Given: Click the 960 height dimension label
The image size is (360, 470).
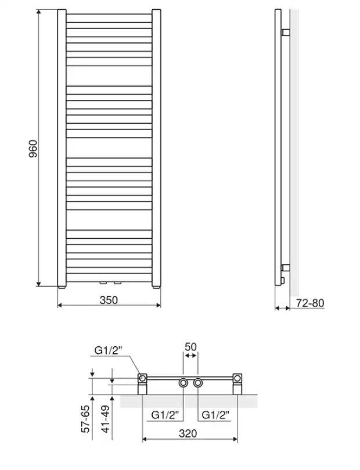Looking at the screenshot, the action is [x=33, y=149].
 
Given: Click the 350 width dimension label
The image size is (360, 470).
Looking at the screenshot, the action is [x=109, y=300].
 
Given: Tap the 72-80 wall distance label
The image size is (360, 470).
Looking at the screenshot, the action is [x=310, y=303].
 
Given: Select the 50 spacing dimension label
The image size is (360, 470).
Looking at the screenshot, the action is [x=190, y=347].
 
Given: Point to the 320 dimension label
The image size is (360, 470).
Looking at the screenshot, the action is [x=188, y=433].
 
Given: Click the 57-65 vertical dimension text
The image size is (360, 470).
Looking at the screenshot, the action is [x=86, y=419].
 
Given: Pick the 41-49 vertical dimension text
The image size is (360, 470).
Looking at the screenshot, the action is [x=106, y=419].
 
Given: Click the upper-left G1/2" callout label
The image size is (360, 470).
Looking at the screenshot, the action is [x=109, y=350].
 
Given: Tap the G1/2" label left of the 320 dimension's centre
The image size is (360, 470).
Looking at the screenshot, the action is [x=165, y=415].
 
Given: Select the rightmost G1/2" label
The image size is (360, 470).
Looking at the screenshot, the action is [x=215, y=415].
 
